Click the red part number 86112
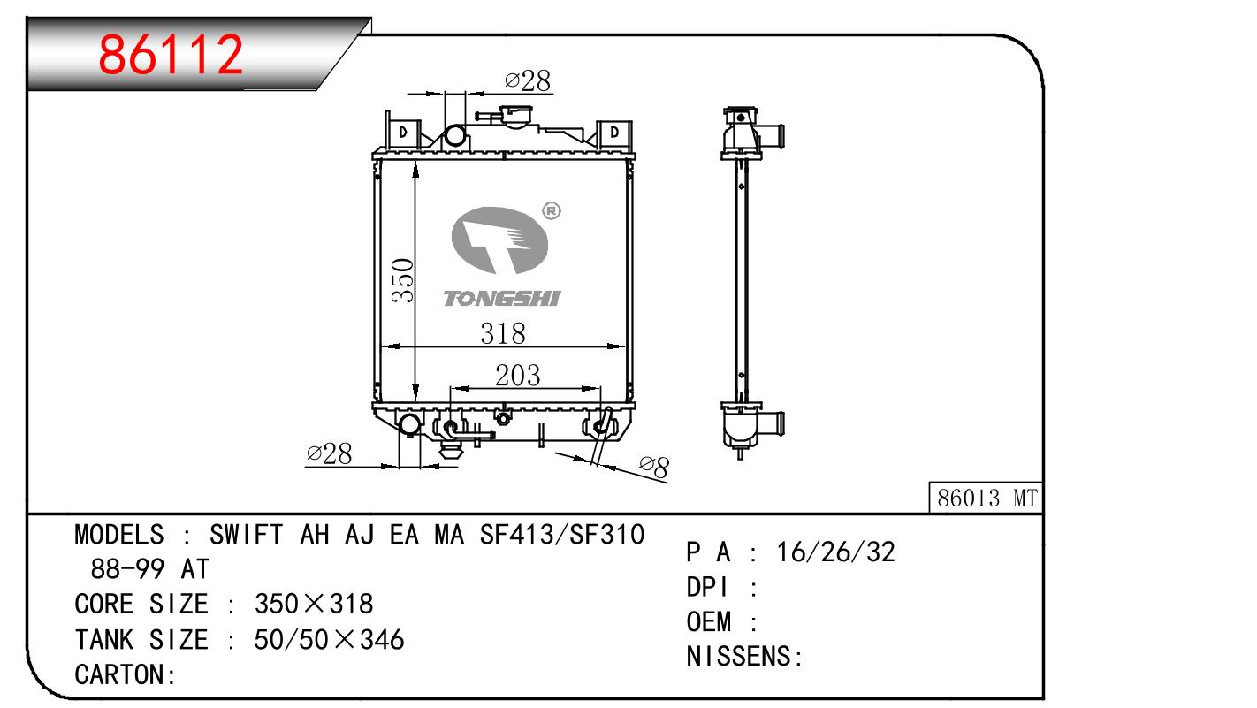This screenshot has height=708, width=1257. pos(171,55)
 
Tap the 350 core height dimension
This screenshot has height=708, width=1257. pos(402,280)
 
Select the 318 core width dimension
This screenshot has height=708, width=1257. pos(503,333)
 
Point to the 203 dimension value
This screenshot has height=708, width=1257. pos(517,376)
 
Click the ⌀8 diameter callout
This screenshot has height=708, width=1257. pos(654,468)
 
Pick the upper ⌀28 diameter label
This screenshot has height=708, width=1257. pos(528,81)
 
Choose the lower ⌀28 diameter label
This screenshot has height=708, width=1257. pos(330,453)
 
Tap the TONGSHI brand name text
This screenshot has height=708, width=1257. pos(502,299)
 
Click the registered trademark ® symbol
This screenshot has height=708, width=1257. pos(552,211)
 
